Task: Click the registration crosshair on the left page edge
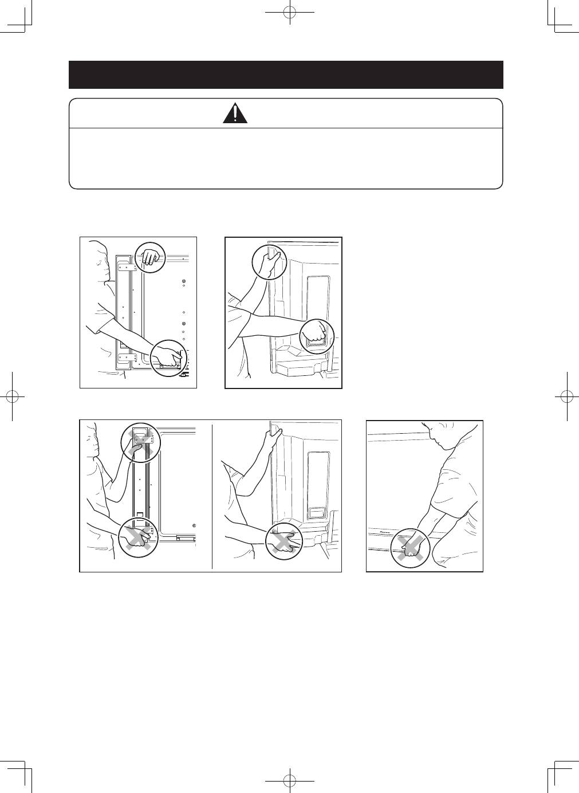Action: (x=12, y=396)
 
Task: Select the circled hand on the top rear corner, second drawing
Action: (x=269, y=262)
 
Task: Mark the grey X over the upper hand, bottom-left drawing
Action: (x=140, y=442)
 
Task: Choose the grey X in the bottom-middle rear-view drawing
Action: (x=285, y=540)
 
